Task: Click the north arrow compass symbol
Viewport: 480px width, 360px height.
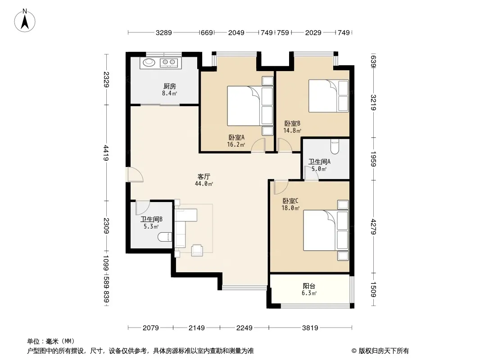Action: point(25,21)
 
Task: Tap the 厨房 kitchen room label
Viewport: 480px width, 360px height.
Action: point(170,86)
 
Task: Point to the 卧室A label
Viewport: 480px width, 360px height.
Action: point(236,138)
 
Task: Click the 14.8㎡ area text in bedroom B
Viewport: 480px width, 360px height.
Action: point(292,130)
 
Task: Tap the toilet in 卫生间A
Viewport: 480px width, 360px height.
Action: point(335,147)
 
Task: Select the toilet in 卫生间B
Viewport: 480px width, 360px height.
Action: point(165,237)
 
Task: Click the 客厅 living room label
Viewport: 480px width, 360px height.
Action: point(204,176)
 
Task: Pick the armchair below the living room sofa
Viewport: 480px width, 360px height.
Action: point(197,250)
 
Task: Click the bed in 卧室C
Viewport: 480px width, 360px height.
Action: point(326,230)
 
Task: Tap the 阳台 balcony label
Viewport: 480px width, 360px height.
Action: point(309,286)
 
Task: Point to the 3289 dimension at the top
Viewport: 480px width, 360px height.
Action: point(164,32)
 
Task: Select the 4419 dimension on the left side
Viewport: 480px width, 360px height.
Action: point(106,153)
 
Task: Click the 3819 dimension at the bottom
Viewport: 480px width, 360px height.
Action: point(310,328)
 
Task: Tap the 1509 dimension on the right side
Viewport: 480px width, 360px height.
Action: point(373,289)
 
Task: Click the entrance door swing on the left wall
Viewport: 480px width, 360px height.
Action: point(134,175)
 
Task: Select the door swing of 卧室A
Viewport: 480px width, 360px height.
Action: point(258,145)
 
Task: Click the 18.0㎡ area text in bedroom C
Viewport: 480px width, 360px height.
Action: point(290,208)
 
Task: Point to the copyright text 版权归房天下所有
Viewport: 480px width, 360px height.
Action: point(384,351)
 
